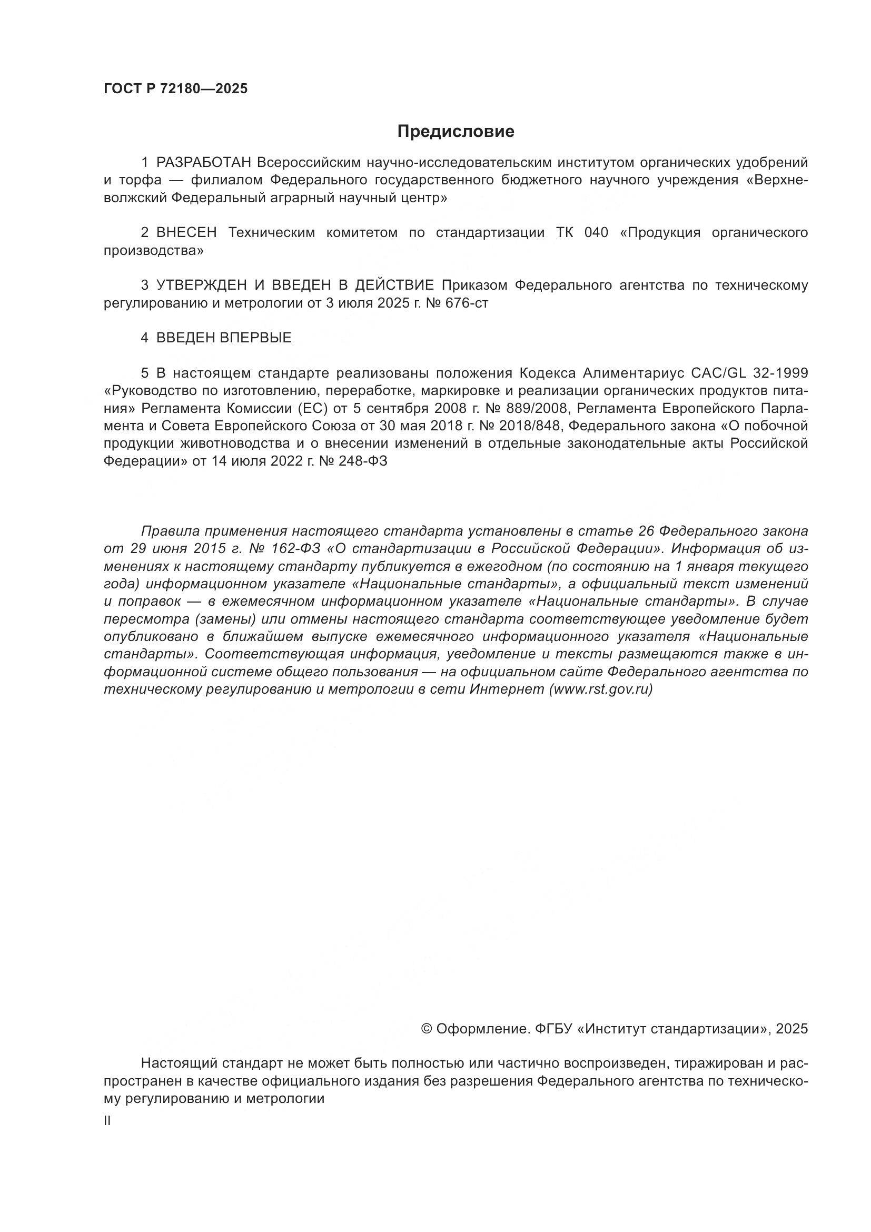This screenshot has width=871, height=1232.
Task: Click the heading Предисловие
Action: click(456, 132)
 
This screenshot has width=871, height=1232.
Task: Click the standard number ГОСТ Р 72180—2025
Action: click(175, 89)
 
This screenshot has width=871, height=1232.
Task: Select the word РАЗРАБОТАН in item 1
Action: click(203, 162)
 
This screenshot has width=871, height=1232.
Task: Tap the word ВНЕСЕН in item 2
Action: click(186, 232)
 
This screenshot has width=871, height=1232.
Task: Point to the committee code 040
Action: click(597, 232)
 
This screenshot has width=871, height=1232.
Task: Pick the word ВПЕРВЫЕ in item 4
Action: click(255, 338)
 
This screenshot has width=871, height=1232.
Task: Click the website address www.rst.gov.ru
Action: click(601, 689)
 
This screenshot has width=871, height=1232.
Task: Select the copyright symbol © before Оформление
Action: click(427, 1029)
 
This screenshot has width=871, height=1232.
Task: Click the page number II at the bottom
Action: click(107, 1121)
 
